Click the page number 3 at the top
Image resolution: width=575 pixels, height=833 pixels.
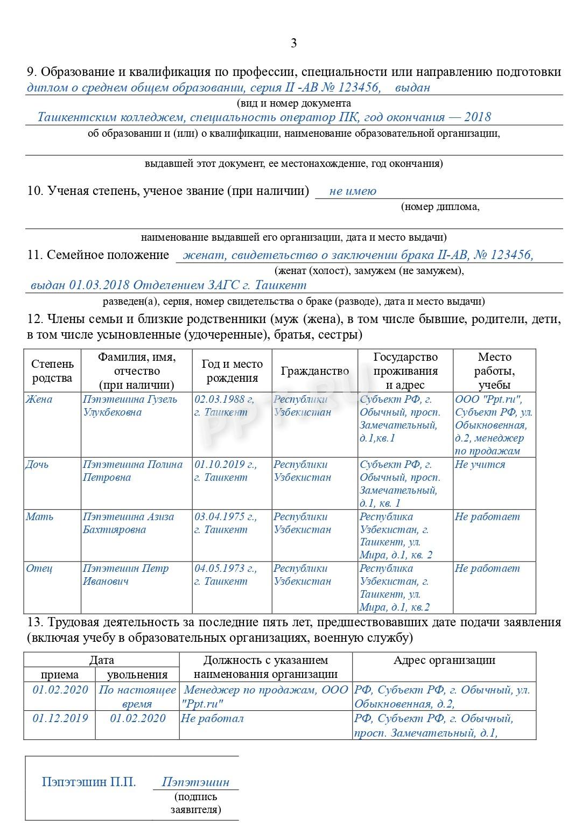pos(293,44)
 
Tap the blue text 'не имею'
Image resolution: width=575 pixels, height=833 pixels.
pos(353,191)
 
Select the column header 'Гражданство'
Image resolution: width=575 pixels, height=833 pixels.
pos(314,371)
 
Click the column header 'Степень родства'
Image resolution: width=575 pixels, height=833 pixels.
pos(52,371)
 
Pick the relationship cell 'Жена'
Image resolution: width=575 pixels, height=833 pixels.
pos(39,400)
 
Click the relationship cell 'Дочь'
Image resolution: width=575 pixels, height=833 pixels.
pos(37,465)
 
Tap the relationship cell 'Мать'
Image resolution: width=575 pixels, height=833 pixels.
pos(40,517)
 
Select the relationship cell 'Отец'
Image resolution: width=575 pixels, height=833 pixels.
pos(39,569)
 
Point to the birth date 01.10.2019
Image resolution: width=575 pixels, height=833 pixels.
pos(225,465)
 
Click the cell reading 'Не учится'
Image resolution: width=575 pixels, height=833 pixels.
pos(480,465)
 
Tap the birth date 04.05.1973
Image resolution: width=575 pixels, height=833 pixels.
pos(225,569)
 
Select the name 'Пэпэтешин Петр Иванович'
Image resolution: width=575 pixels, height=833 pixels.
pos(125,575)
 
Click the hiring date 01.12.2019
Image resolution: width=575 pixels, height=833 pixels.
pos(60,718)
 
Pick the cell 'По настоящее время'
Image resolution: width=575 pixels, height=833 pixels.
pos(137,697)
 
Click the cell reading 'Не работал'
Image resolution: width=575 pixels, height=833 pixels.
pos(212,718)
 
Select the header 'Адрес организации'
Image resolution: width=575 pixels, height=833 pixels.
pos(444,661)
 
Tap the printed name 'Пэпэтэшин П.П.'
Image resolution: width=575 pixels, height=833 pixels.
pos(89,782)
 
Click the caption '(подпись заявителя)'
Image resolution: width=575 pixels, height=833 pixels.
pos(195,803)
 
